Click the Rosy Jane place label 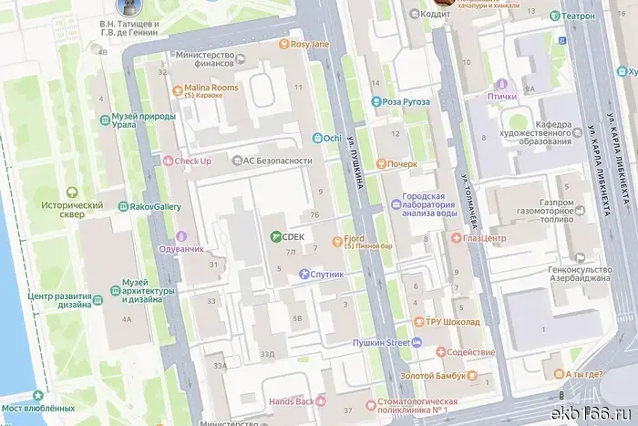(x=310, y=44)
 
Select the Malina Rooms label (x=212, y=88)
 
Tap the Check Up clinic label (x=192, y=161)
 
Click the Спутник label (x=327, y=274)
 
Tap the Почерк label (x=402, y=164)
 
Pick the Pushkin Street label (x=382, y=343)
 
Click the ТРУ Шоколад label (x=453, y=322)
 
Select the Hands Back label (x=292, y=401)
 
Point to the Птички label (x=501, y=96)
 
